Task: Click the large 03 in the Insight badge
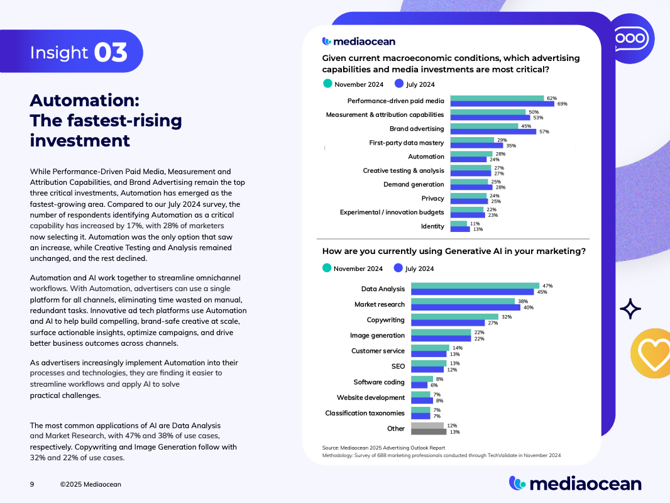[111, 53]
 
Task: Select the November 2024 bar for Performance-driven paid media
[497, 98]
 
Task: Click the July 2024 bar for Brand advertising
[493, 131]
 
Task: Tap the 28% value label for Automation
[500, 153]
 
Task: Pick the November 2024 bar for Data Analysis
[475, 285]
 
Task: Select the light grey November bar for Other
[427, 426]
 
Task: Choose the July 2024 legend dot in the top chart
[398, 84]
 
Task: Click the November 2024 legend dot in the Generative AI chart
[327, 268]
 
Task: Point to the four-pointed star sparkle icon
[630, 308]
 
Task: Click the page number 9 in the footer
[32, 484]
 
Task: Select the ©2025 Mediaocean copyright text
[91, 484]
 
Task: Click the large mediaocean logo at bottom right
[575, 483]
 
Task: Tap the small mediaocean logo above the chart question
[359, 41]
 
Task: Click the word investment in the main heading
[80, 140]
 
